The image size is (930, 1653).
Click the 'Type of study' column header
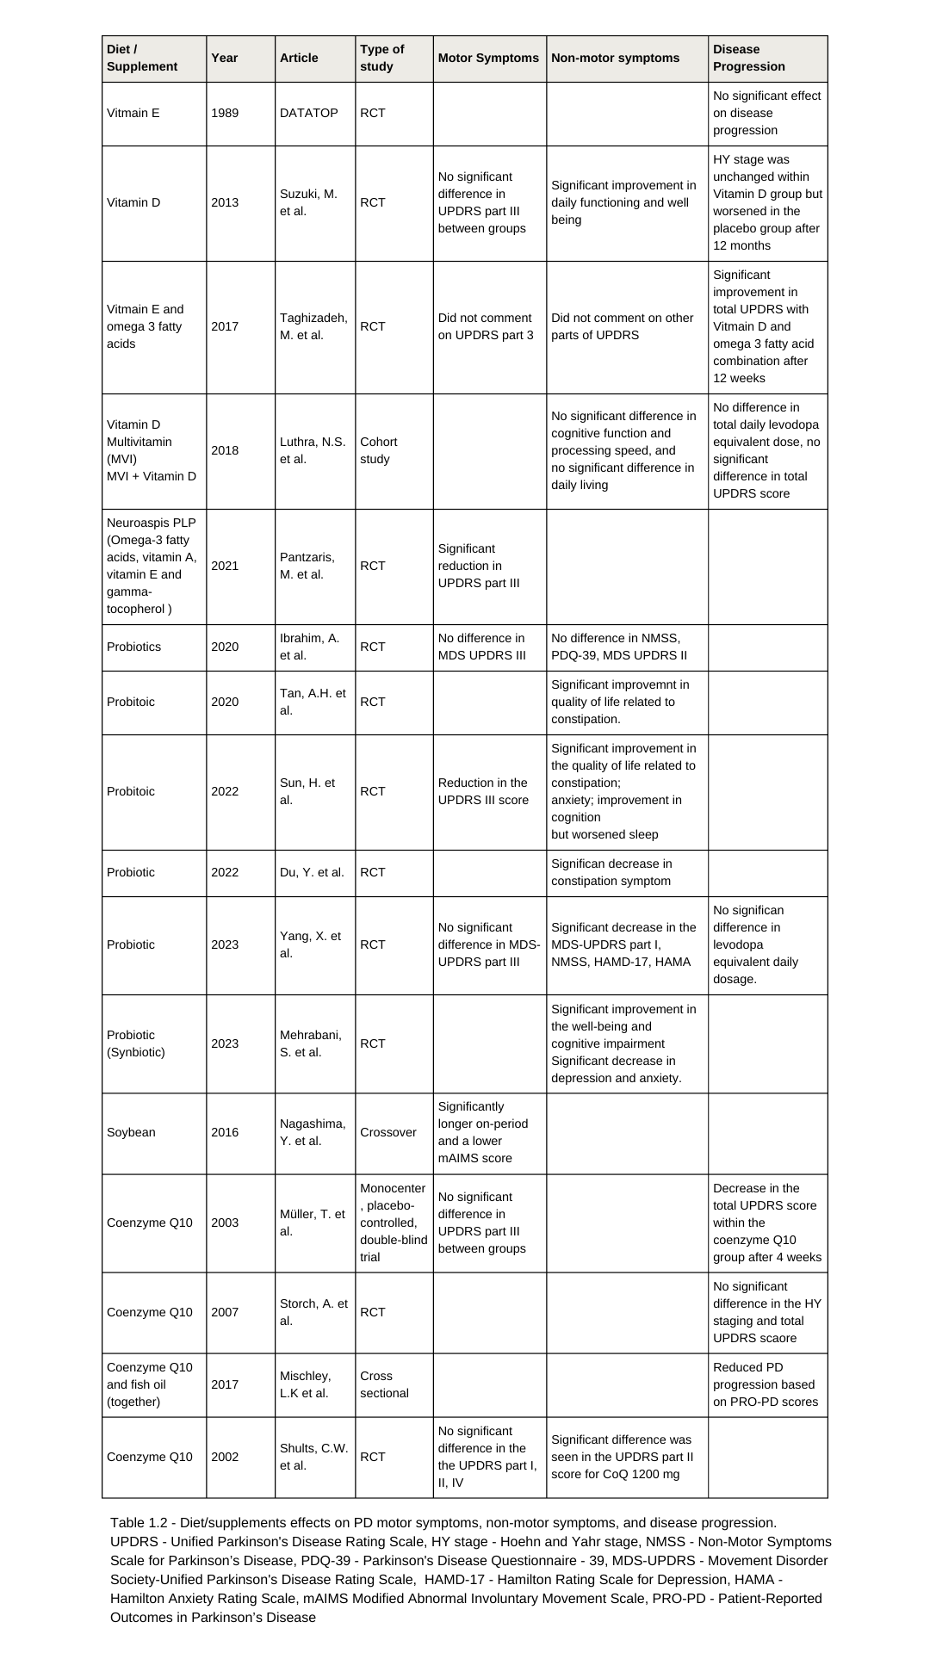(381, 58)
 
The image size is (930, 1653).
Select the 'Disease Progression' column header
(748, 58)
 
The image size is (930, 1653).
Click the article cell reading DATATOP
(308, 113)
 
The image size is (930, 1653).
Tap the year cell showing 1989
(225, 113)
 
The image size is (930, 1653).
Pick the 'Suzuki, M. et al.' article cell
(308, 202)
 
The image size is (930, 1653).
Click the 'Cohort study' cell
(379, 450)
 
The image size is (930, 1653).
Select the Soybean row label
(131, 1132)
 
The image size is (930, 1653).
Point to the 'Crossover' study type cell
(387, 1132)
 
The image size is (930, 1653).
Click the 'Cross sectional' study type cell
(384, 1384)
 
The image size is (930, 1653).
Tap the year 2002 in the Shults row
(225, 1457)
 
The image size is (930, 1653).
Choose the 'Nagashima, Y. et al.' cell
(313, 1132)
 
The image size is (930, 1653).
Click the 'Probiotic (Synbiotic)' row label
(136, 1043)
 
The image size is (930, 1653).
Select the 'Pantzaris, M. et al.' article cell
(307, 566)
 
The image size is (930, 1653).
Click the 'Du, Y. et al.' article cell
(312, 872)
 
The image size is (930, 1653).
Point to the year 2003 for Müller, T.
(225, 1223)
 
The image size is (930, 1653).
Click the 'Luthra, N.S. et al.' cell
(313, 450)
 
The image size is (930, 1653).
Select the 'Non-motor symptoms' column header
(615, 58)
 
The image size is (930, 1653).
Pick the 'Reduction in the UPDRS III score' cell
(482, 791)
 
